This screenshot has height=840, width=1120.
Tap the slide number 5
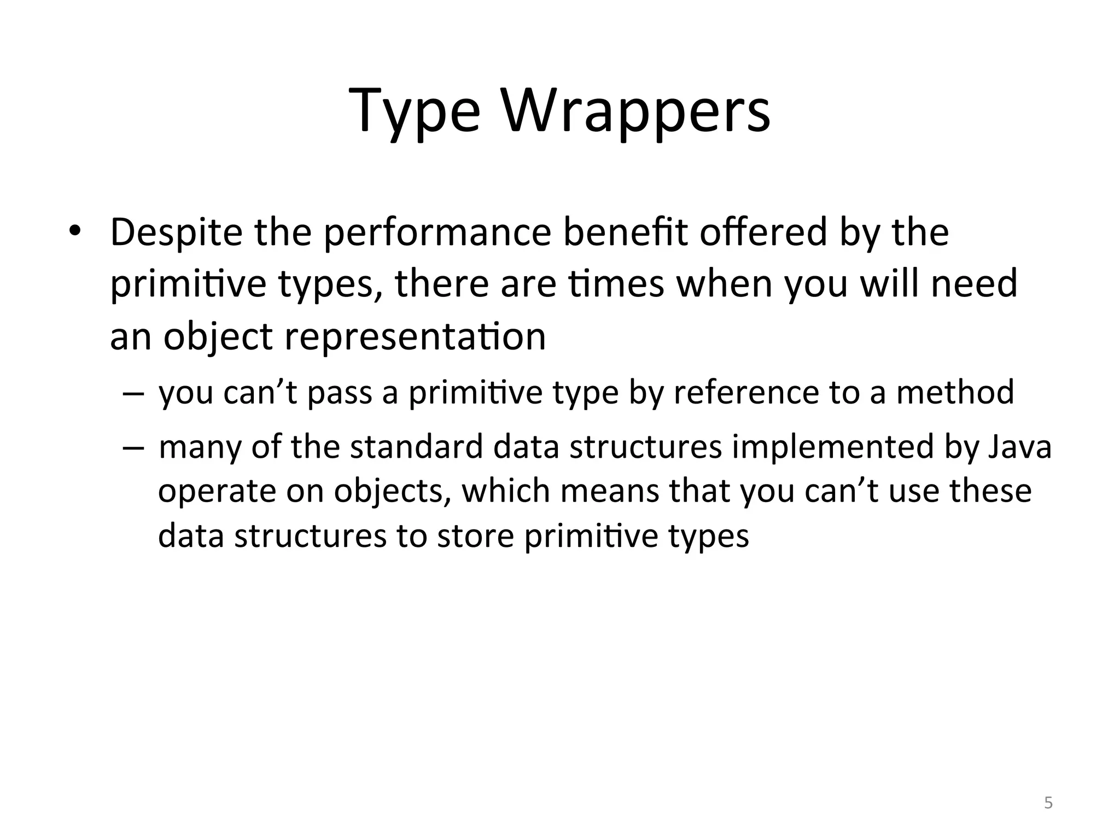(1048, 803)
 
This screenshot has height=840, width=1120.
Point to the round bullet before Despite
(74, 231)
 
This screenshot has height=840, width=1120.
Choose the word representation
(415, 336)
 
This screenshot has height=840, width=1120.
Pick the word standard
(416, 446)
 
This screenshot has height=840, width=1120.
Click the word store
(475, 536)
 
